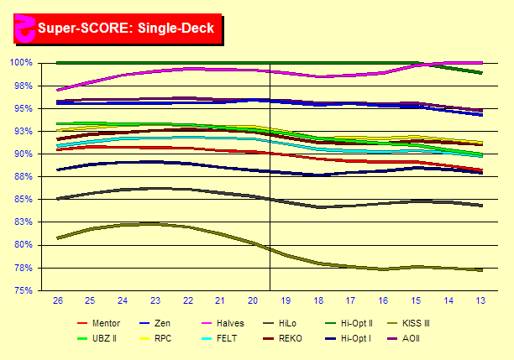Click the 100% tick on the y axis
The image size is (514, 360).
[20, 63]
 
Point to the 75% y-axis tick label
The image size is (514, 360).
[22, 290]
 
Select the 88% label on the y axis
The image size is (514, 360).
[22, 177]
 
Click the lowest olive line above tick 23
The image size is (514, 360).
[155, 224]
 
